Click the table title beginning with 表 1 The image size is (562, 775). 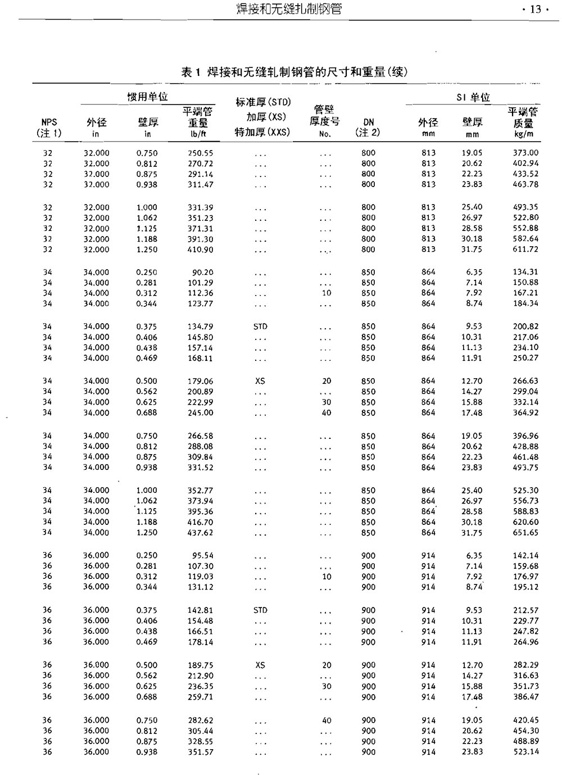[x=294, y=72]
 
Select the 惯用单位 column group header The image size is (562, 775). [x=147, y=97]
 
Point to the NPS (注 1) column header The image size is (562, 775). [x=49, y=128]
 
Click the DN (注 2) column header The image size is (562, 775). [x=368, y=128]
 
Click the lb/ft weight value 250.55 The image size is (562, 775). [x=200, y=153]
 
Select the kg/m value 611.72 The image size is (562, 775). [x=525, y=249]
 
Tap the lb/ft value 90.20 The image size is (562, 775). [x=202, y=272]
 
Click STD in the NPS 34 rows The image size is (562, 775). [x=260, y=327]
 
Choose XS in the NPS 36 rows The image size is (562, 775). [x=260, y=665]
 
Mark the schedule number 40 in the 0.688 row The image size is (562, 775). [x=327, y=413]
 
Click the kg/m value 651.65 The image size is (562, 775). [x=525, y=532]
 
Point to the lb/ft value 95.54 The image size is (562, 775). [x=202, y=555]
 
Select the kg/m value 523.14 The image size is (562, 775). [x=525, y=752]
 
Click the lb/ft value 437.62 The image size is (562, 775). [x=200, y=532]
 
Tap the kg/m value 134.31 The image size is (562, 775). [x=525, y=272]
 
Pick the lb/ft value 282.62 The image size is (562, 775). [x=200, y=720]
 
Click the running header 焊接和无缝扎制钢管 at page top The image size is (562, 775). [x=289, y=10]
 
